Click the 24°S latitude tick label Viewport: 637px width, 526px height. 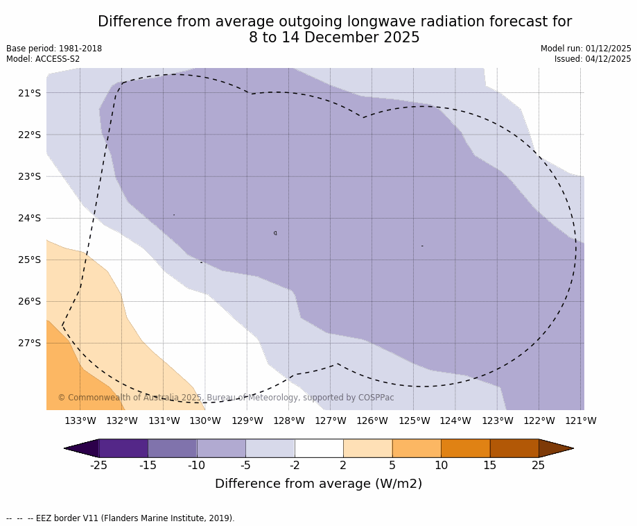[x=29, y=218]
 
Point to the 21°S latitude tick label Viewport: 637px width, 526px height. [x=29, y=93]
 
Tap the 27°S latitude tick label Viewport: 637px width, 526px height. [x=29, y=343]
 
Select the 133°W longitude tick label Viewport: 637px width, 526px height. [x=80, y=421]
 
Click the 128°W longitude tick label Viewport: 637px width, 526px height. [x=288, y=421]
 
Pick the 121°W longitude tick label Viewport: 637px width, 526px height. [x=580, y=421]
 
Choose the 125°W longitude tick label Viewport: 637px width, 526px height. [x=414, y=421]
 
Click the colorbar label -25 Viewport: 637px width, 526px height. [x=99, y=466]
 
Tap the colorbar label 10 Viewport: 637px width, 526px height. [x=441, y=466]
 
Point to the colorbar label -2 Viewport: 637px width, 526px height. [x=295, y=466]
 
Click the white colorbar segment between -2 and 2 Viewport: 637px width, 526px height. [x=319, y=448]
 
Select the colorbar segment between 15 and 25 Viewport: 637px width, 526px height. [x=514, y=448]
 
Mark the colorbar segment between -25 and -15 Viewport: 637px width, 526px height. [x=123, y=448]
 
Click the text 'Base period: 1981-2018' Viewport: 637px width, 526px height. [x=54, y=49]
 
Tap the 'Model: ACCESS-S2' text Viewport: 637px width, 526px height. [x=43, y=59]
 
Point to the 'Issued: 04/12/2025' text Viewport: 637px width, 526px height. [x=593, y=59]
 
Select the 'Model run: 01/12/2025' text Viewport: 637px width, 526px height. [x=586, y=49]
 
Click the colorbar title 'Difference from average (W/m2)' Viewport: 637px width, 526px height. [x=318, y=484]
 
